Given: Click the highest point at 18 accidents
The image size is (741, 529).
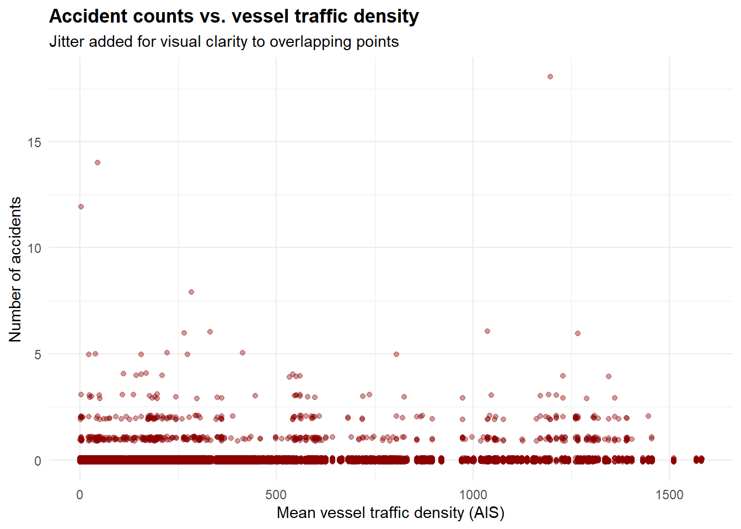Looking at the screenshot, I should click(x=550, y=77).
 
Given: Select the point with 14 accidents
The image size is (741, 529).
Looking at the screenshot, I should click(x=98, y=163).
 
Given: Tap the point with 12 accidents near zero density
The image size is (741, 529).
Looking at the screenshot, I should click(x=81, y=207).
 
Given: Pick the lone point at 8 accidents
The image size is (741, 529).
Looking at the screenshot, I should click(x=191, y=292).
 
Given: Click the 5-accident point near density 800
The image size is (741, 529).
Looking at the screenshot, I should click(x=396, y=354).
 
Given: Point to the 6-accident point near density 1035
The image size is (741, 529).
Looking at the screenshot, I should click(x=487, y=331).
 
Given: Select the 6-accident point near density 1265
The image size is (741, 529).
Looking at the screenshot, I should click(x=578, y=333).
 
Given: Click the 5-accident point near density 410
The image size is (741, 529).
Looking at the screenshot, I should click(x=243, y=353).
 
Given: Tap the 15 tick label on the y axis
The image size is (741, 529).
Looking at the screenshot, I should click(x=34, y=143).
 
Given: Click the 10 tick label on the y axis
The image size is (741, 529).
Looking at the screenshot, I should click(x=34, y=249).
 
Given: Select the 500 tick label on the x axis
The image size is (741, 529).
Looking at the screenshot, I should click(x=276, y=495).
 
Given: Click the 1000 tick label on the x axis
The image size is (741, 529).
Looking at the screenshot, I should click(x=473, y=495).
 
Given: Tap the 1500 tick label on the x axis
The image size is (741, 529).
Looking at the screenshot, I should click(x=669, y=495).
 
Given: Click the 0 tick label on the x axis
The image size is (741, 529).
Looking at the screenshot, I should click(x=80, y=495).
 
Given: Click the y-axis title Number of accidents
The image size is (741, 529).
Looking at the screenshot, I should click(x=15, y=269).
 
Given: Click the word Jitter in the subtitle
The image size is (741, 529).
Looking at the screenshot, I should click(x=67, y=42).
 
